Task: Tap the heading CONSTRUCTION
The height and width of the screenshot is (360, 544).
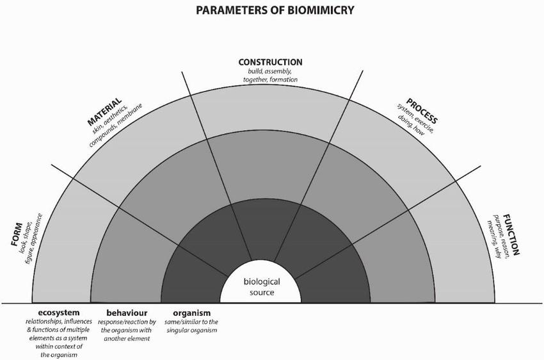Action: click(x=270, y=62)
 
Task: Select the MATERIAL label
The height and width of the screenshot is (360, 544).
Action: click(x=104, y=112)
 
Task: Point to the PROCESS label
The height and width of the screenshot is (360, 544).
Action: click(x=422, y=110)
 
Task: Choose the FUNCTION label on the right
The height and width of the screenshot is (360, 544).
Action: click(x=511, y=234)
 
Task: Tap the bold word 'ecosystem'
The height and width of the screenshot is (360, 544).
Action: click(x=54, y=313)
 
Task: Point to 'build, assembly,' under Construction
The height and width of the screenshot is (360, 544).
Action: click(x=270, y=71)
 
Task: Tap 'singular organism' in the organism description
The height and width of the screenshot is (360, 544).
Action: click(x=192, y=330)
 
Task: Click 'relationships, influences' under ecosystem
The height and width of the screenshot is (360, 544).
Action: click(x=54, y=322)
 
